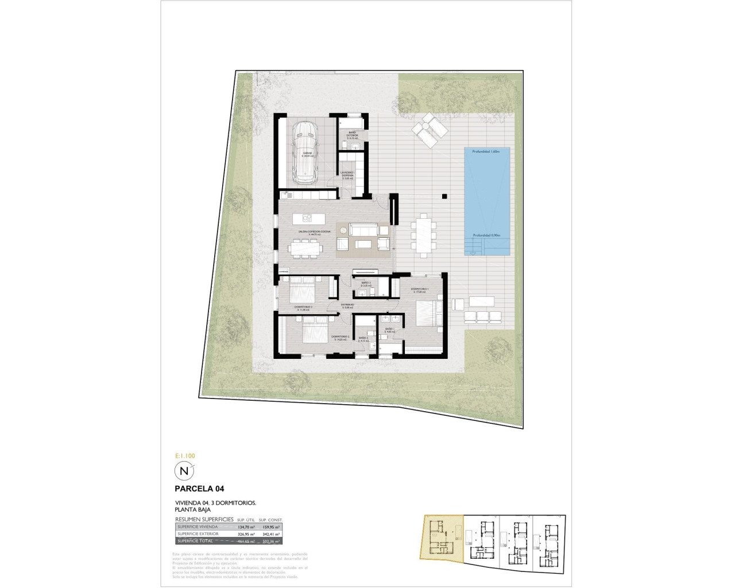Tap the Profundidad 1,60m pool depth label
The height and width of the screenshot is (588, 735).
point(487,152)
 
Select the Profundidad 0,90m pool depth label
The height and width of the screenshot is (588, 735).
point(487,235)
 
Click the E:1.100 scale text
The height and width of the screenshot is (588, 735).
point(185,456)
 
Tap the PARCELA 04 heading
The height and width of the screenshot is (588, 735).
point(199,489)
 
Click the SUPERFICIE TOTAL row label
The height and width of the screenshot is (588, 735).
point(195,541)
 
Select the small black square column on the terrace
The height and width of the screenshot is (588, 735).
point(444,197)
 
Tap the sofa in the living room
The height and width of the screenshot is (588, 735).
point(363,230)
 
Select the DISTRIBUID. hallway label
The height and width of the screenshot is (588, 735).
point(347,305)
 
